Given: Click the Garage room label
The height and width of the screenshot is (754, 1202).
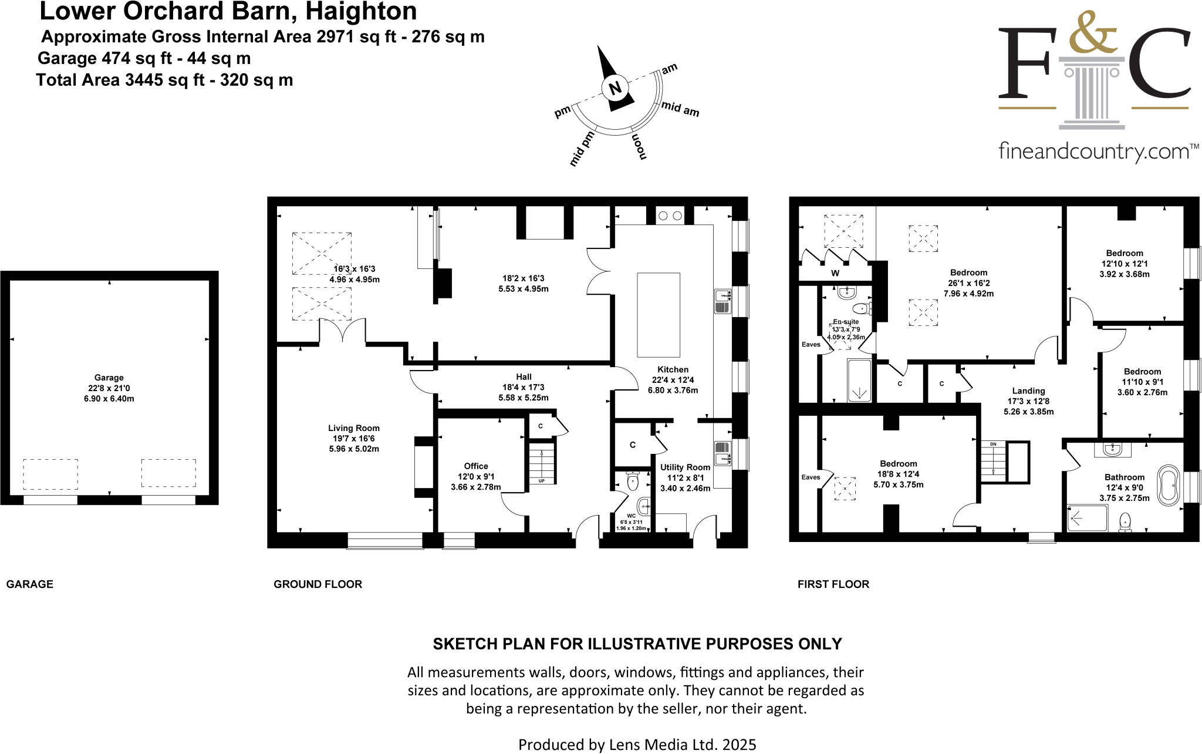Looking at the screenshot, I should (x=109, y=378).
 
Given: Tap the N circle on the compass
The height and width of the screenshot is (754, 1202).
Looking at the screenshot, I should (x=615, y=89).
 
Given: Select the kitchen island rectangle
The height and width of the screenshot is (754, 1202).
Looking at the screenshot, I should (x=659, y=315).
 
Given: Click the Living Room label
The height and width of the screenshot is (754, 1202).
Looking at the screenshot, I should (x=353, y=428).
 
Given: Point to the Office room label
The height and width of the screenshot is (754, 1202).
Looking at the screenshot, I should (x=476, y=466).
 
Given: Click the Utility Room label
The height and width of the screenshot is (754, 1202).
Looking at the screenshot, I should (x=685, y=467).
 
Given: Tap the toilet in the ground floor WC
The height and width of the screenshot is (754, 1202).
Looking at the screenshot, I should (x=633, y=482).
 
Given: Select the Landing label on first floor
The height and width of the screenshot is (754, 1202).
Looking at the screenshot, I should (x=1028, y=391).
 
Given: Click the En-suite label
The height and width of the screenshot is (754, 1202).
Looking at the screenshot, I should (x=846, y=322).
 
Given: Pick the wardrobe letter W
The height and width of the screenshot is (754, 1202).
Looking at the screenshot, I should (x=835, y=273).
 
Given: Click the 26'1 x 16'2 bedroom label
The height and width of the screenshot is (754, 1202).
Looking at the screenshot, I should (x=968, y=272).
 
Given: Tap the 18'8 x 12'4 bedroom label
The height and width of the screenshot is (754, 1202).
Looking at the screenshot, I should (x=898, y=463).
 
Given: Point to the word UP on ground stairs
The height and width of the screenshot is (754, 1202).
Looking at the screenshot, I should (x=541, y=480).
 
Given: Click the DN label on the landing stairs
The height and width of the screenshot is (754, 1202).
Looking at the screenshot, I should (x=993, y=444).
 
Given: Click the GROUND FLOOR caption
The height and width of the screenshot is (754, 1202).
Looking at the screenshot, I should (x=318, y=584).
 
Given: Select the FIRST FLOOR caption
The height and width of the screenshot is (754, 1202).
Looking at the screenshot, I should (x=833, y=584).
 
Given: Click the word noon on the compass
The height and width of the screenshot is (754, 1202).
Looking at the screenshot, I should (x=640, y=147).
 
